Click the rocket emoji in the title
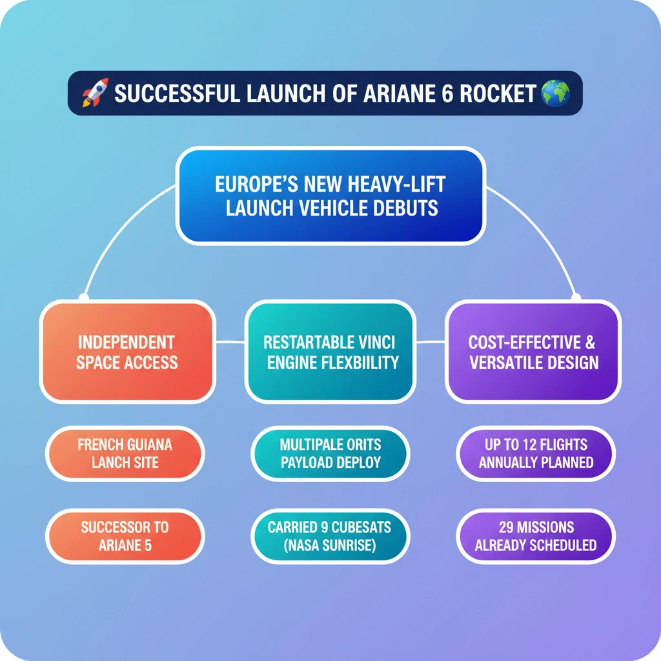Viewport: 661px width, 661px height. coord(95,93)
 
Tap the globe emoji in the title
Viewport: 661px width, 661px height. coord(555,93)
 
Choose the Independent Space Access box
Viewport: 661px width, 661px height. coord(127,352)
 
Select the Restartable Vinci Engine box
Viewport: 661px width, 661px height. coord(330,352)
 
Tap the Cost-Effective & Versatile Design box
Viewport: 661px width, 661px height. coord(534,352)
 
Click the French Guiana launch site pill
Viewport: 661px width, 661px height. coord(125,453)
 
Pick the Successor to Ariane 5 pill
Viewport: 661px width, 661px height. coord(125,536)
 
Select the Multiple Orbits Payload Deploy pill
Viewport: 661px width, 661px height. coord(330,453)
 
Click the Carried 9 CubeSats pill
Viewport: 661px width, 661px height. coord(330,536)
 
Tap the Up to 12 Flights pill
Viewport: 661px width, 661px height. coord(536,453)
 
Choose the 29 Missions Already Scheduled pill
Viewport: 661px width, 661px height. coord(536,536)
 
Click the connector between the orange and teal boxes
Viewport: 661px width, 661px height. coord(229,341)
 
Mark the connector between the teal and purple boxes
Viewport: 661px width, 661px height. coord(431,341)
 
